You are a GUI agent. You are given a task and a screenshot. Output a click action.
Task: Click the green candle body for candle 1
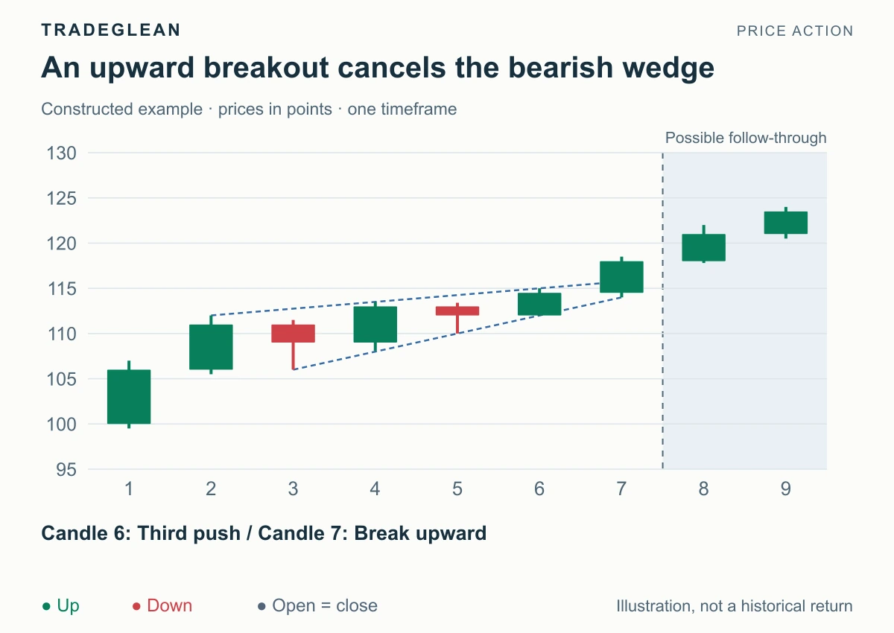point(129,396)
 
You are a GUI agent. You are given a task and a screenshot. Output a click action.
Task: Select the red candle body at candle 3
point(293,334)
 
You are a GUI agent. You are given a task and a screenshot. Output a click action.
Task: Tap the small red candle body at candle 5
point(457,311)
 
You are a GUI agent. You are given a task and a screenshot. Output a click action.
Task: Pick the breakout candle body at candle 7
point(621,277)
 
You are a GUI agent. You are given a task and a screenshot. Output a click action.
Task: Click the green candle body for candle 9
point(786,223)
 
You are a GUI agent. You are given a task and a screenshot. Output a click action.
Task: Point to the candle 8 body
point(703,247)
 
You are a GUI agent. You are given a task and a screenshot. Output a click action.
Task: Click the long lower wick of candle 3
point(293,356)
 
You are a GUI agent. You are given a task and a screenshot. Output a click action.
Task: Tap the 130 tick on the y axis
point(61,153)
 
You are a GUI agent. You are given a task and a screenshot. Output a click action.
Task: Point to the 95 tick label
point(66,469)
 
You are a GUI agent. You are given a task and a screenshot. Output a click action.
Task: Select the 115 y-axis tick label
point(61,288)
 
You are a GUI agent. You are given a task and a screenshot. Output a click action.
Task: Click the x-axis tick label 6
point(539,489)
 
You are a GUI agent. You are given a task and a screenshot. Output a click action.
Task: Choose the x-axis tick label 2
point(211,489)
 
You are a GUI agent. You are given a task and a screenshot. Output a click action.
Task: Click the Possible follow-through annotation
point(746,138)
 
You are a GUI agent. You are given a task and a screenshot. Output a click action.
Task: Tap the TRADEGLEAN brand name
point(110,30)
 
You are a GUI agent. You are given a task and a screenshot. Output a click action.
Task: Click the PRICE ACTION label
point(795,31)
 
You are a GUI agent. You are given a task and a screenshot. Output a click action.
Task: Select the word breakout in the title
point(266,67)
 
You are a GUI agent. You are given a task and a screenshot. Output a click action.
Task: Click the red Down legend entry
point(162,605)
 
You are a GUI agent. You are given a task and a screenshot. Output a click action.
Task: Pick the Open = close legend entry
point(317,605)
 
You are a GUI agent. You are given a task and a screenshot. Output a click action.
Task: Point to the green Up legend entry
point(60,606)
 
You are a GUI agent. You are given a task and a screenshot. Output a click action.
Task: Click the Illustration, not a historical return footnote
point(735,606)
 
